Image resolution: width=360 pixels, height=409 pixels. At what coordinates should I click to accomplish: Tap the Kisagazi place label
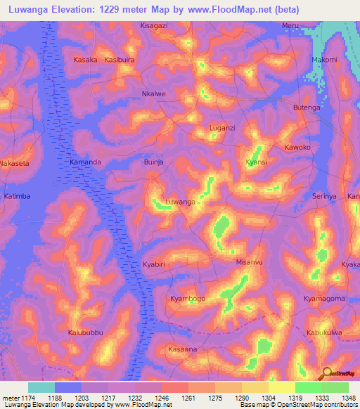[154, 25]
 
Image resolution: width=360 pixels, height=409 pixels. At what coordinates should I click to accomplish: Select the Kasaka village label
[85, 60]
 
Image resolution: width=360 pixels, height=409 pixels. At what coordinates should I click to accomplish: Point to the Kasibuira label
[119, 60]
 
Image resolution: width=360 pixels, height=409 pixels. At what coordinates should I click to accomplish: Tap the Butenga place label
[307, 107]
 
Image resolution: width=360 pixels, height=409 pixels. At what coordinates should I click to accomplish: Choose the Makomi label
[324, 60]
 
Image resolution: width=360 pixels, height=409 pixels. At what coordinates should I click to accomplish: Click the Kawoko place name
[297, 148]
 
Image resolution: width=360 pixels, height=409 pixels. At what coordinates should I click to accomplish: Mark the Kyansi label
[256, 162]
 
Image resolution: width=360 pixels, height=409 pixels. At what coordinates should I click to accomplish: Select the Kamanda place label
[85, 162]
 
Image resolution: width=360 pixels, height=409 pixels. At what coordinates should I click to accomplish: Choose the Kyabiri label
[153, 264]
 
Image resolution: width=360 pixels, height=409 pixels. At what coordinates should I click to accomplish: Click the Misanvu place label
[249, 262]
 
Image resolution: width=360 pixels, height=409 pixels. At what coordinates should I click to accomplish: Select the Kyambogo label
[188, 299]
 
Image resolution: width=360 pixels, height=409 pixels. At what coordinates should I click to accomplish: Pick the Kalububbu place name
[85, 332]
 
